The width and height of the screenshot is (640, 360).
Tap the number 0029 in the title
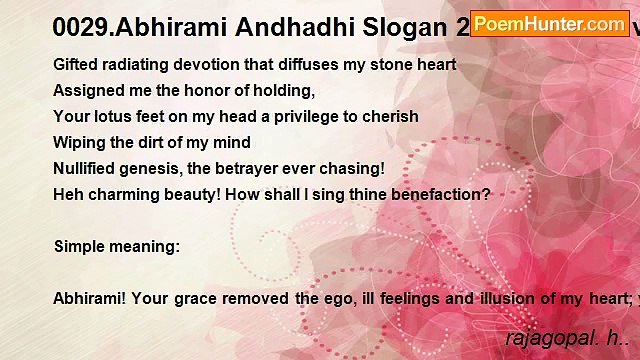(80, 27)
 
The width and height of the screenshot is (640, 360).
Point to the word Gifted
(76, 64)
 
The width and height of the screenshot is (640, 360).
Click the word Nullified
(87, 168)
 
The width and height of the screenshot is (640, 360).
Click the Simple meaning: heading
(117, 246)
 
